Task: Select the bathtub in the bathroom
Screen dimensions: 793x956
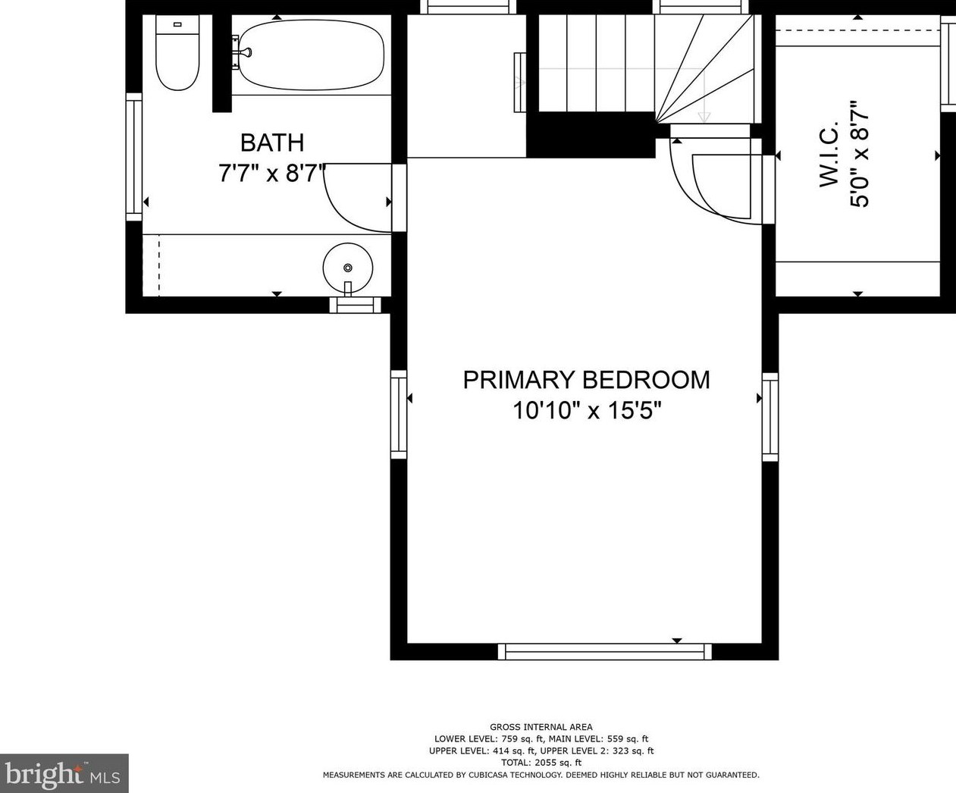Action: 311,54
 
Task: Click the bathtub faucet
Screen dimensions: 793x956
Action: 244,53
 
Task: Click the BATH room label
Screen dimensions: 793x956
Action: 271,143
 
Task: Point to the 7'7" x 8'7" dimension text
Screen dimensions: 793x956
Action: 271,174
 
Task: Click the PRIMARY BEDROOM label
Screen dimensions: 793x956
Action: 586,380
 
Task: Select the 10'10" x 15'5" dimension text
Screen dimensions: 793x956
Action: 586,411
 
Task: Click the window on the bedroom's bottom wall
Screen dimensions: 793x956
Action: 605,651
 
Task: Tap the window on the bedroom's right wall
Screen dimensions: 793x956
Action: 770,416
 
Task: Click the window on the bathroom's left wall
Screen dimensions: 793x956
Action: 133,156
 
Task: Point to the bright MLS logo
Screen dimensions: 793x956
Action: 64,773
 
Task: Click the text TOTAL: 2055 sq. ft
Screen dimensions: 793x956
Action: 541,763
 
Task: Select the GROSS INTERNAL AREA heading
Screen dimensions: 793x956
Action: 541,727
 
